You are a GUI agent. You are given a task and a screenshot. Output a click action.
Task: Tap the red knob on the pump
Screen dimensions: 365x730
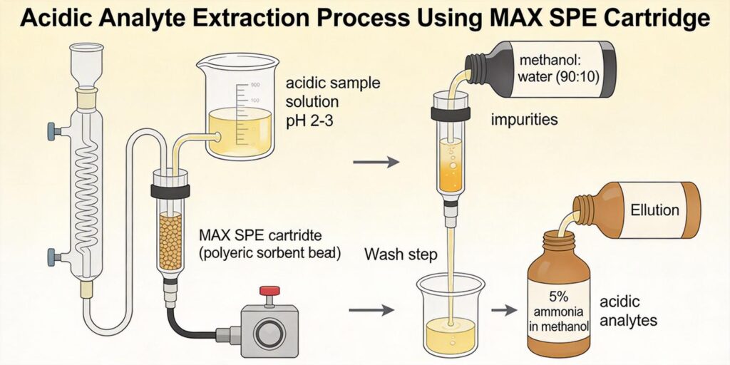click(269, 291)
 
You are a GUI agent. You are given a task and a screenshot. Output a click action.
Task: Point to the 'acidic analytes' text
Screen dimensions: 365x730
click(627, 312)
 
